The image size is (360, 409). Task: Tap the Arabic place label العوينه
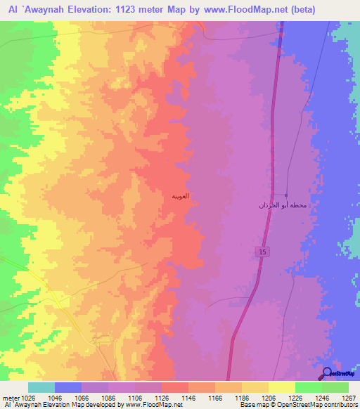[179, 196]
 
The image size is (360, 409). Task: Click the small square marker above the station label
[286, 195]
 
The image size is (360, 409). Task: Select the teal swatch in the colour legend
[41, 387]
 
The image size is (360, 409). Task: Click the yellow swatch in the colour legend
[281, 387]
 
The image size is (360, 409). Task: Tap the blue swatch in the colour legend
[67, 387]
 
